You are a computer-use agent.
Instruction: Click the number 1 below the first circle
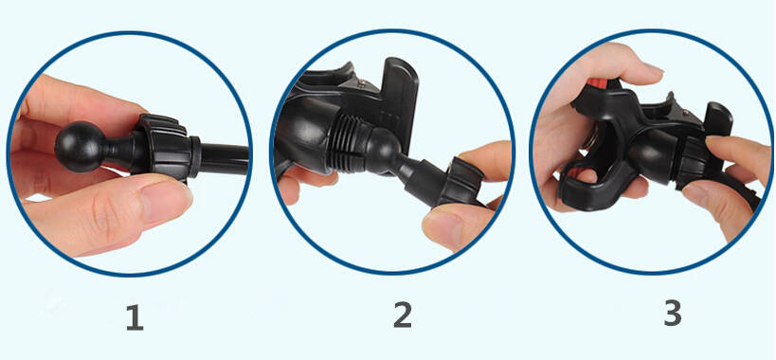click(135, 317)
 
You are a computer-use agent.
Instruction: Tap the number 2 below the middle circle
click(402, 315)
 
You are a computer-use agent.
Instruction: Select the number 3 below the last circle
click(672, 313)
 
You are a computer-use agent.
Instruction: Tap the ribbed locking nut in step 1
click(162, 147)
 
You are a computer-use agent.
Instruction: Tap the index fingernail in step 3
click(653, 68)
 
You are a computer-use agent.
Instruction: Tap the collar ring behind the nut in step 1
click(195, 157)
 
